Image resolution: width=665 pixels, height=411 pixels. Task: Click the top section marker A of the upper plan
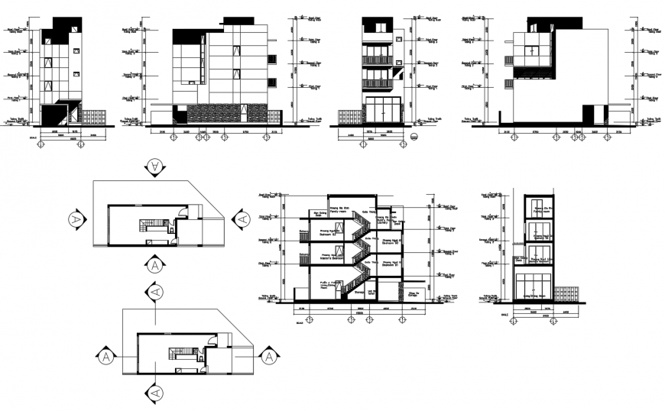(x=154, y=166)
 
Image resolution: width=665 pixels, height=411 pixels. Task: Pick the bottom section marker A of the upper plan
(x=154, y=265)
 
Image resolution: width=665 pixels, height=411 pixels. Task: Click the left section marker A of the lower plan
(x=104, y=356)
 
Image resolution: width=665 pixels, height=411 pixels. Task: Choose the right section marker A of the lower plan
(x=268, y=355)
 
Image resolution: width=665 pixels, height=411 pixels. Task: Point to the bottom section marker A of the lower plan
(x=154, y=393)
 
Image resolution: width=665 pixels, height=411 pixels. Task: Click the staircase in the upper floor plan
(x=148, y=225)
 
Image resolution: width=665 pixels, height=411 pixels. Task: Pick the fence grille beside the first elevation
(x=93, y=117)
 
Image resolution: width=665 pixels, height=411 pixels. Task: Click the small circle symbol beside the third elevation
(x=414, y=138)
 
